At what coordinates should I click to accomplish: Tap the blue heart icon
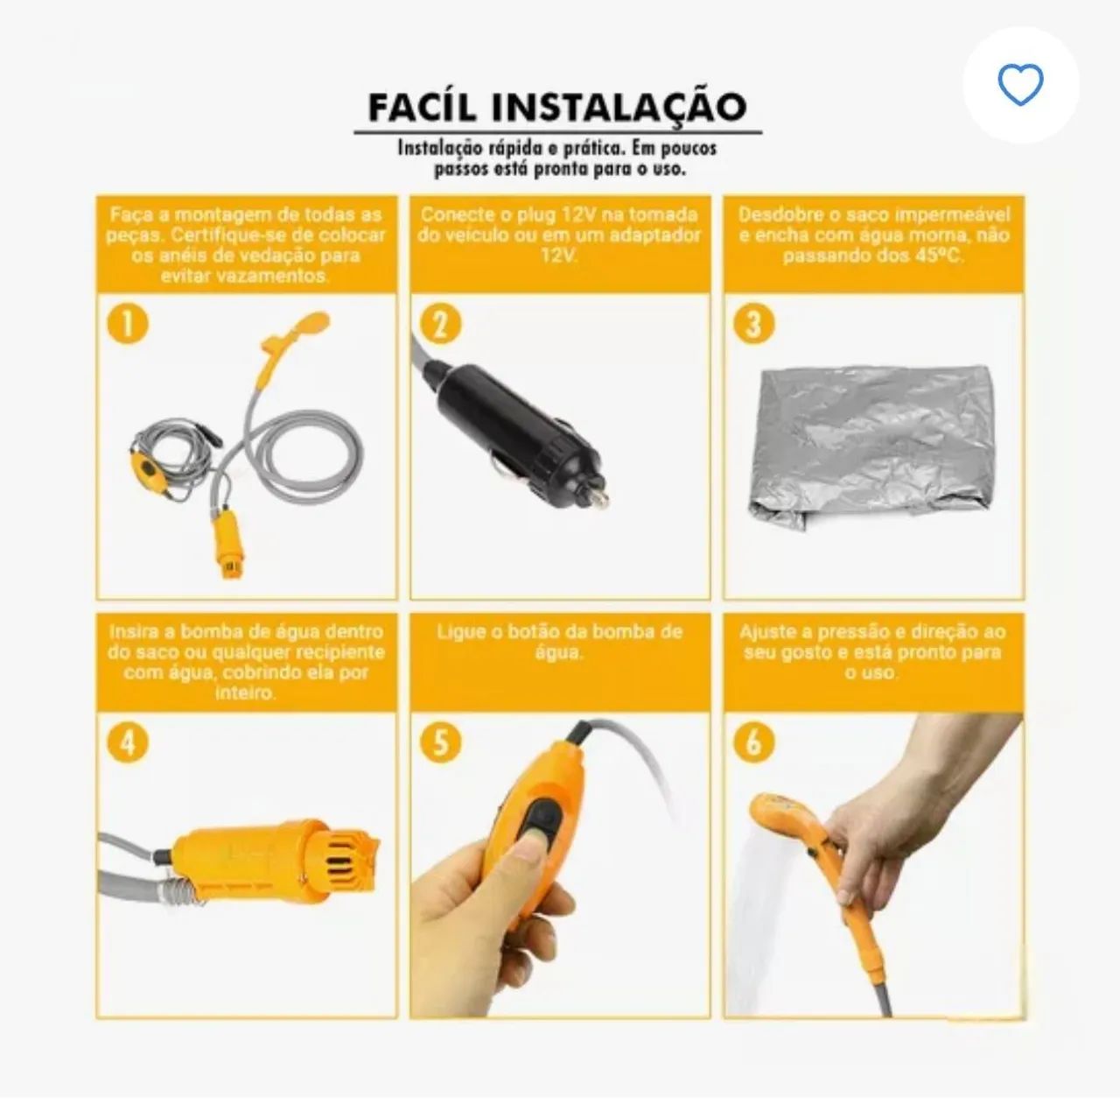1020,85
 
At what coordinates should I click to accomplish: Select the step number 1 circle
128,324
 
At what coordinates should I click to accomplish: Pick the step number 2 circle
440,324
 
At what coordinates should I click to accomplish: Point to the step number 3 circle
754,324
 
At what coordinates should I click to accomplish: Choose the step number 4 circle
128,742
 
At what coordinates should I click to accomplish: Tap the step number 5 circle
440,742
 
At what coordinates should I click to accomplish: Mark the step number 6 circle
754,742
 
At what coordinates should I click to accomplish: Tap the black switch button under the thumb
538,825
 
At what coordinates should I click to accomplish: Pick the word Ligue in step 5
458,632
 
